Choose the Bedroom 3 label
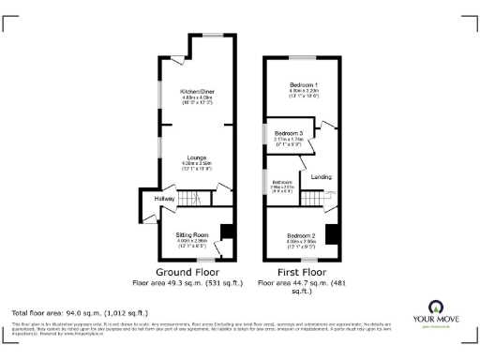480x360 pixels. pyautogui.click(x=287, y=134)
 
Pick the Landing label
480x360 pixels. pyautogui.click(x=321, y=176)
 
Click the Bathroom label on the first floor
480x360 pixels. pyautogui.click(x=281, y=183)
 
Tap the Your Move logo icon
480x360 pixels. pyautogui.click(x=434, y=306)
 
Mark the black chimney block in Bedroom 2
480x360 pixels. pyautogui.click(x=331, y=233)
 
